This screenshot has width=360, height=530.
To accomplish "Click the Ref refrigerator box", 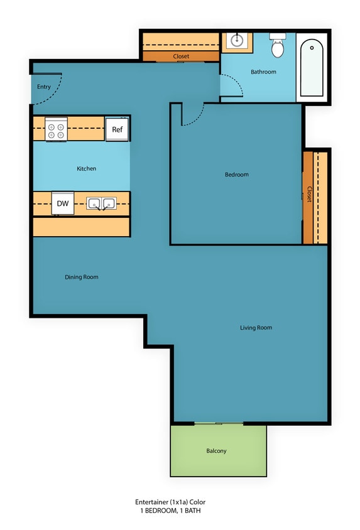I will [117, 129].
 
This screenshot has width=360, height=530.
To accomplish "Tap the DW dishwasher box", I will [62, 203].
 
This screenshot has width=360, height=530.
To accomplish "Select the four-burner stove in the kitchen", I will [56, 129].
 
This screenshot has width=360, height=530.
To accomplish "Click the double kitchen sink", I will [101, 203].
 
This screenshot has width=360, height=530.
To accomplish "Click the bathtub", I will [312, 68].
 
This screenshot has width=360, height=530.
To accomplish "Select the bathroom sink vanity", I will [237, 41].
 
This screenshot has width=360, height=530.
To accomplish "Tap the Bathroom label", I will [263, 72].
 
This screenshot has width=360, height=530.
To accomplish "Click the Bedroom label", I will [237, 175].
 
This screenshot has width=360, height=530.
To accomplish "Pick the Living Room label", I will [256, 328].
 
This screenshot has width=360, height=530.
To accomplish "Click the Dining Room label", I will [82, 277].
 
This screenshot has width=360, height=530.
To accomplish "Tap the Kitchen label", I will [86, 169].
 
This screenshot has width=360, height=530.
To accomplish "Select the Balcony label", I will [216, 451].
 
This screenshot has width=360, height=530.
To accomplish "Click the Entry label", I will [43, 87].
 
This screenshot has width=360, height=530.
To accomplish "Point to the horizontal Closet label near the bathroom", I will [181, 57].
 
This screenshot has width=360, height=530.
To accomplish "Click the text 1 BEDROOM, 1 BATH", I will [170, 511].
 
